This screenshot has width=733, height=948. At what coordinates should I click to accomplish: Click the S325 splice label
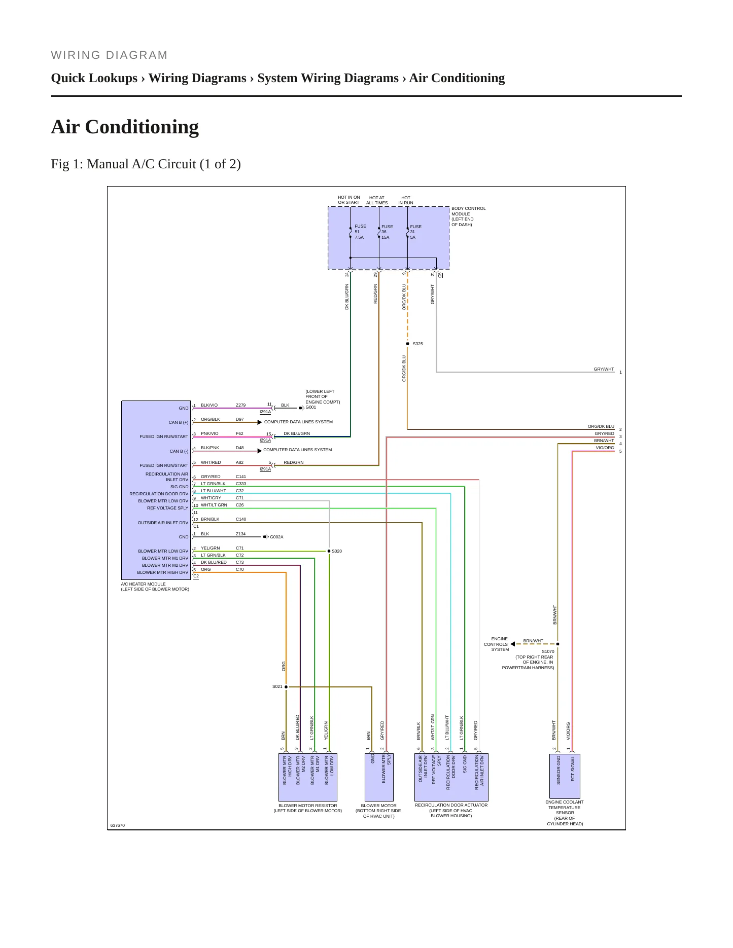tap(417, 344)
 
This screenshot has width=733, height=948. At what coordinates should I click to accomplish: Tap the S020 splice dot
tap(329, 551)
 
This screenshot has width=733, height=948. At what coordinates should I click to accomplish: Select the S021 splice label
tap(277, 686)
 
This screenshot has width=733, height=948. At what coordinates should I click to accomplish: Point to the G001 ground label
tap(310, 407)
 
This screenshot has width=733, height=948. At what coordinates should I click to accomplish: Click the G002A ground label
tap(276, 537)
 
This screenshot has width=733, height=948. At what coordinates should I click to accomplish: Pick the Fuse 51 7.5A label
tap(360, 232)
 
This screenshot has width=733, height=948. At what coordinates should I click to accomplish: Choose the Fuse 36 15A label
tap(387, 232)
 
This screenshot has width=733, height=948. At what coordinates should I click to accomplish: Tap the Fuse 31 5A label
tap(415, 232)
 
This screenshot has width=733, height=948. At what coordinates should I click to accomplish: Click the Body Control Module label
tap(468, 216)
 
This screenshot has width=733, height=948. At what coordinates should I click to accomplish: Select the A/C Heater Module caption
tap(155, 587)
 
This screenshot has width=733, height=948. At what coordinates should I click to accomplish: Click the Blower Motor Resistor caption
tap(307, 808)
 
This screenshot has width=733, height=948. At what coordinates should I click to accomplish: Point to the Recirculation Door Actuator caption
tap(451, 810)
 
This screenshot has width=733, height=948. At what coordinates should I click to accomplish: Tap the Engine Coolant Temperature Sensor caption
tap(565, 813)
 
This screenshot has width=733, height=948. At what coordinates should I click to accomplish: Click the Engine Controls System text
tap(496, 644)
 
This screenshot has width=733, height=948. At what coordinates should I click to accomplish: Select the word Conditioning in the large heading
tap(142, 127)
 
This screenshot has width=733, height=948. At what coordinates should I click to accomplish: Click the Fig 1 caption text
tap(146, 164)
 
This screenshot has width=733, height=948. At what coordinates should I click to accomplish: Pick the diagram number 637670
tap(117, 825)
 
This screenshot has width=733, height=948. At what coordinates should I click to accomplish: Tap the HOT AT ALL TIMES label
tap(377, 200)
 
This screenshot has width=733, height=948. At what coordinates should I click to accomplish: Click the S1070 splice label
tap(548, 651)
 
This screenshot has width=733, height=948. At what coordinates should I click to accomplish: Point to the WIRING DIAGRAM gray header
tap(109, 55)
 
